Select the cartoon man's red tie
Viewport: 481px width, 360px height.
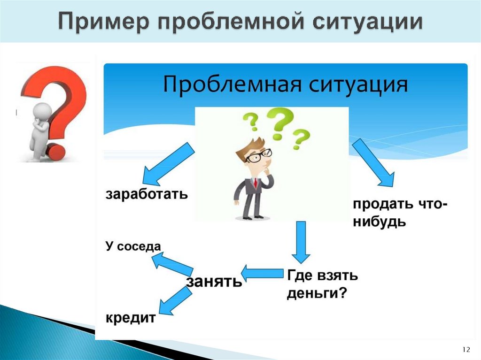pos(255,183)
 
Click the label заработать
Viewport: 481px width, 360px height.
pos(146,193)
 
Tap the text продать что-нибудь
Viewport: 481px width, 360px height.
pos(398,212)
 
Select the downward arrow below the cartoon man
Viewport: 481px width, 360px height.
pos(301,242)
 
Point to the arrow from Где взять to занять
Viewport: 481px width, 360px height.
pos(262,273)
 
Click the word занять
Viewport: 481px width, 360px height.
pos(214,281)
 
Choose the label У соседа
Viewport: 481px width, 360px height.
pos(133,246)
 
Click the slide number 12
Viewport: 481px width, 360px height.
pos(466,350)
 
